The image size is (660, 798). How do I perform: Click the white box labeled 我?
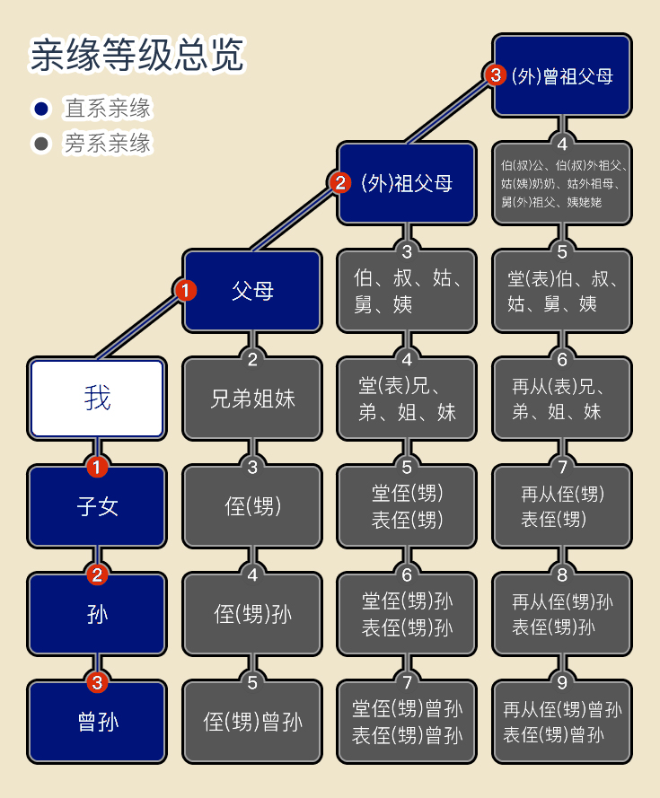97,399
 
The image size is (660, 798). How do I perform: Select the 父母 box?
252,291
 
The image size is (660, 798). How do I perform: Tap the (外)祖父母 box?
407,183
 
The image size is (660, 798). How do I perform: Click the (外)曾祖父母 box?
562,75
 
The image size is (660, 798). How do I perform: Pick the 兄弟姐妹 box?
252,399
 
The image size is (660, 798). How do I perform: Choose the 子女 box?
97,506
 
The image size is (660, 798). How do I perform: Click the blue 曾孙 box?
97,722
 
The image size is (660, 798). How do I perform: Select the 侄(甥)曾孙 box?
252,722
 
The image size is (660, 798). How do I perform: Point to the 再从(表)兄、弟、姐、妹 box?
562,399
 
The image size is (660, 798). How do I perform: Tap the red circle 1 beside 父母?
185,290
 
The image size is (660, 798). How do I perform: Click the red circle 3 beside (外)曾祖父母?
496,75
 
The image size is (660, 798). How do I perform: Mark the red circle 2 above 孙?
97,574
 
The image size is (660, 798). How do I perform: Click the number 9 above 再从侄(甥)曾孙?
562,682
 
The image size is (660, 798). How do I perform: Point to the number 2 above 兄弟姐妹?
252,359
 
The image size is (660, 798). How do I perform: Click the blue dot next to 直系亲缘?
41,109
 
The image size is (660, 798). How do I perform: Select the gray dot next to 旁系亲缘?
41,144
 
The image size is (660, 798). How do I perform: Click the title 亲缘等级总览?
136,54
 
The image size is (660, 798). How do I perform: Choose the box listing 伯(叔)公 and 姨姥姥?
562,183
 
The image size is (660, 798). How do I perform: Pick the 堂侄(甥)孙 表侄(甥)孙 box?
407,614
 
